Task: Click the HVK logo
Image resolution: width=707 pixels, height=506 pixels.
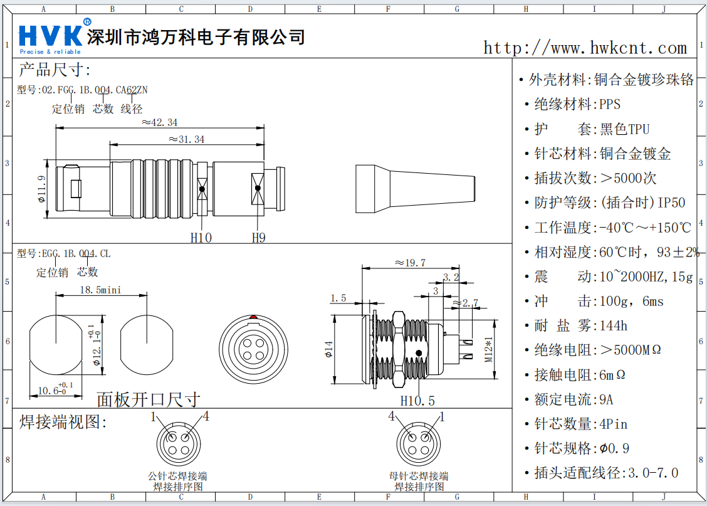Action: [x=51, y=36]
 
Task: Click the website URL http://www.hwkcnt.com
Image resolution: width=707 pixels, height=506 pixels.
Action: [x=585, y=48]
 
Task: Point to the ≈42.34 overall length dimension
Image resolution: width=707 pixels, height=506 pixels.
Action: [x=159, y=122]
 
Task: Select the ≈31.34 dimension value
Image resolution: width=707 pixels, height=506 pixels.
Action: [x=186, y=139]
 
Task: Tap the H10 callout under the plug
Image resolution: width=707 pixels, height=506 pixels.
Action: [x=201, y=238]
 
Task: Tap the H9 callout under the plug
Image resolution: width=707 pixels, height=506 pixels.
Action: [x=258, y=238]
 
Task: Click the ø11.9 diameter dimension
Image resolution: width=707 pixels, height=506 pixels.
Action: [x=41, y=189]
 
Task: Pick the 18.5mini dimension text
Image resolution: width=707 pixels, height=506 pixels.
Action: [x=100, y=290]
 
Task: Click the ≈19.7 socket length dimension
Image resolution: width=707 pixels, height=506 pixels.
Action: [x=410, y=263]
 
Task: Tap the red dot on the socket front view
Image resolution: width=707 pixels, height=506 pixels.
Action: [x=253, y=317]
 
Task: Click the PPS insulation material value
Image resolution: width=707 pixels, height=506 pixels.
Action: [x=610, y=104]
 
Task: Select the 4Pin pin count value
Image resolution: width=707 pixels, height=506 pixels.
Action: [x=612, y=424]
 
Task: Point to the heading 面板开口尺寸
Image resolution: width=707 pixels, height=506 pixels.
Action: [x=149, y=399]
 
